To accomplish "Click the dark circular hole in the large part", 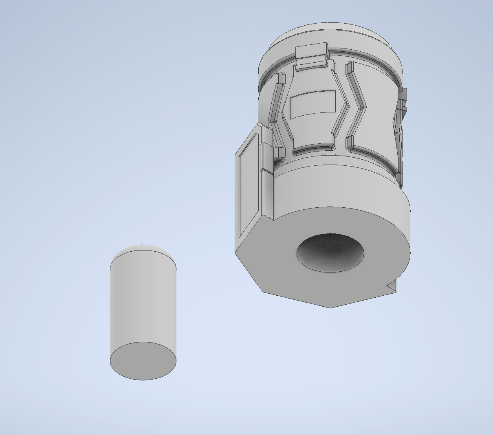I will coord(330,253).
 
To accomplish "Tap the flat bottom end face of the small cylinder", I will coord(143,361).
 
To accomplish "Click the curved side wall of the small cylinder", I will coord(143,301).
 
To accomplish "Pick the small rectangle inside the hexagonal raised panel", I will coord(313,104).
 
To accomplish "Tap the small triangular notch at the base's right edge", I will coord(392,286).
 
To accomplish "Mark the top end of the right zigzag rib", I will coord(350,65).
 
